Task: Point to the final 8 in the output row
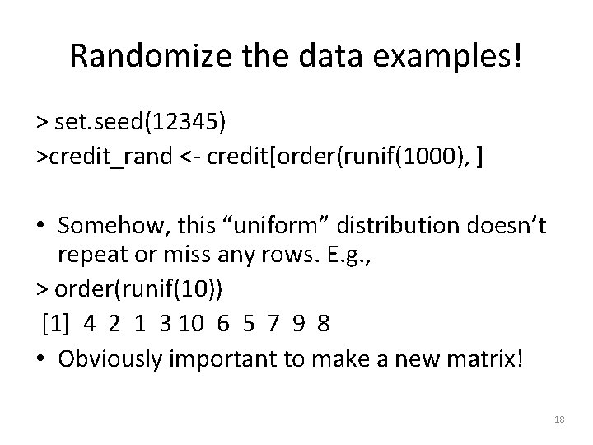point(323,322)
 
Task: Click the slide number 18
point(559,420)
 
